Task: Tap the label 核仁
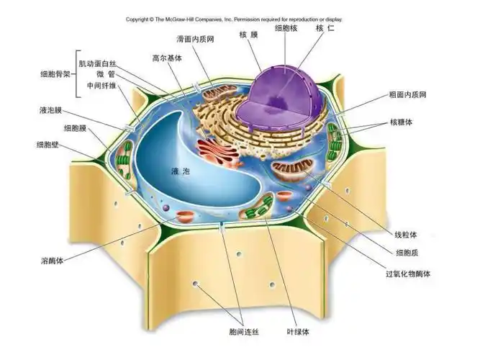[x=325, y=28]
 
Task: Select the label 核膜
[x=248, y=34]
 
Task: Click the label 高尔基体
[x=166, y=57]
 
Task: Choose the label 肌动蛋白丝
[x=96, y=64]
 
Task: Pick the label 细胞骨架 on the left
[x=55, y=74]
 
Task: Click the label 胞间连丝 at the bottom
[x=244, y=332]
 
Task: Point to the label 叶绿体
[x=296, y=332]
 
